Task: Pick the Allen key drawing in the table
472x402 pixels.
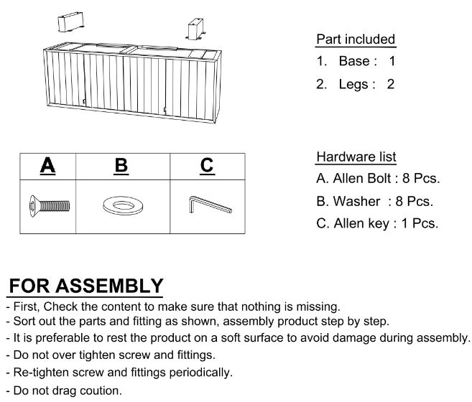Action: pos(210,207)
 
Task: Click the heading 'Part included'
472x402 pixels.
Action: pos(356,39)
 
